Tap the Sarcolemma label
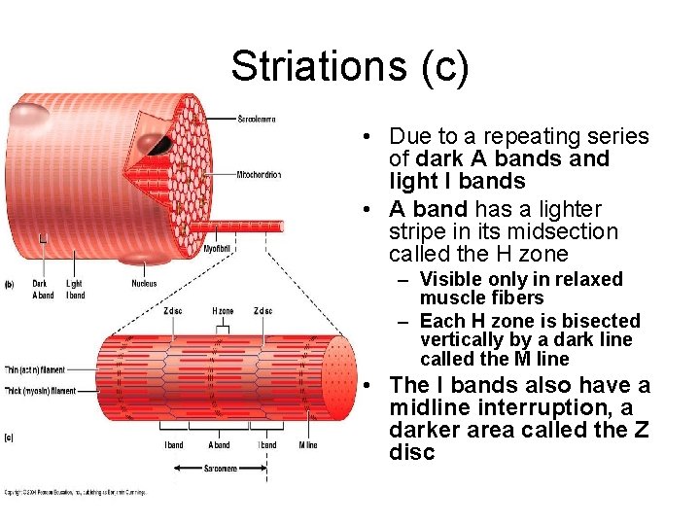point(257,119)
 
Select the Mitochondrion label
point(259,175)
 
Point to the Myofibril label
point(217,249)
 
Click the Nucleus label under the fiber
point(144,284)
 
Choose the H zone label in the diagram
point(223,311)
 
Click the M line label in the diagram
point(307,445)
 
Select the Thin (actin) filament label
point(37,369)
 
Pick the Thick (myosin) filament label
point(39,391)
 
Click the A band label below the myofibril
point(220,445)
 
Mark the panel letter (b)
point(10,284)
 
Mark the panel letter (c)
point(10,437)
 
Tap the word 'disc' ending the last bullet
point(411,452)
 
